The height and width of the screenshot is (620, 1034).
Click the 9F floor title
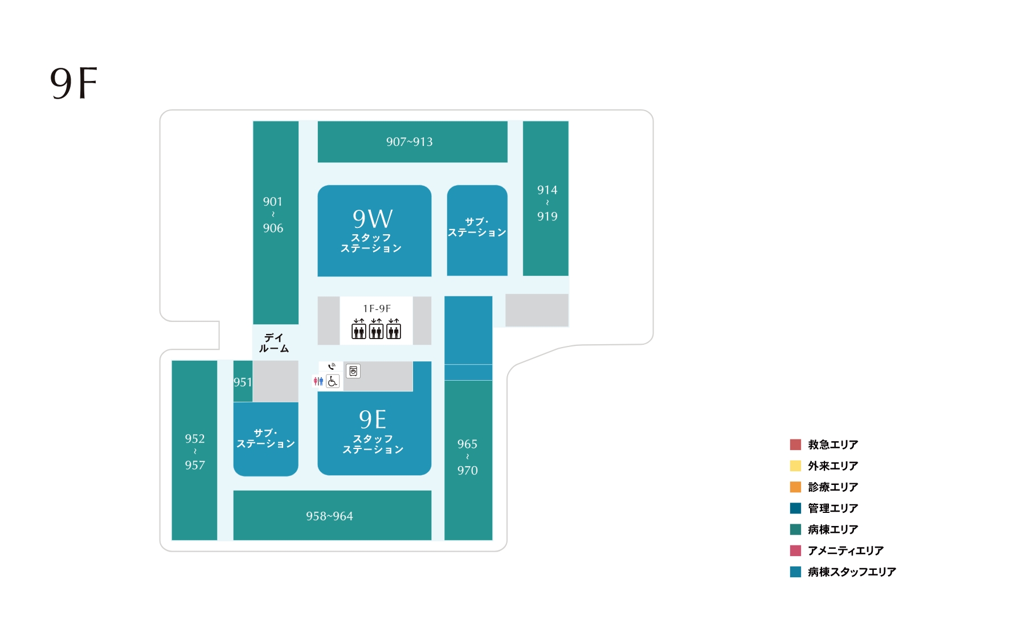73,83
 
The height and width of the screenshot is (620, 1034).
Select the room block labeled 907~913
412,141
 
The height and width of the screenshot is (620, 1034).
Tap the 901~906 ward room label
273,215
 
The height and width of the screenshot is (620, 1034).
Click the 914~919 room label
547,203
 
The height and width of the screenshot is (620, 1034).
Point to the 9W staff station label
371,230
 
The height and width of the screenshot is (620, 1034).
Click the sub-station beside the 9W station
477,230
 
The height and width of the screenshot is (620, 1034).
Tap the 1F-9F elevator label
377,308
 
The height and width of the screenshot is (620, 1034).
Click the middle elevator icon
376,329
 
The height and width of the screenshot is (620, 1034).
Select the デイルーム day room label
274,343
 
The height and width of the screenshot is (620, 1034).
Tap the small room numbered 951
243,381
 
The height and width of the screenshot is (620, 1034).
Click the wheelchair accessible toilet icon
333,381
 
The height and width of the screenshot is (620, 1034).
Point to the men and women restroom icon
318,381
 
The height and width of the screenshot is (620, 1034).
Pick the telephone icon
332,366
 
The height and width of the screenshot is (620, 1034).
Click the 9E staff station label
373,431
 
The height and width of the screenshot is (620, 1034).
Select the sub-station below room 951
265,439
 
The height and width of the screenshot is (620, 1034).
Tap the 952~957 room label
195,452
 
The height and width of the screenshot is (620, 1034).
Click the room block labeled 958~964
332,515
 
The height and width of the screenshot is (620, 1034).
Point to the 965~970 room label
467,457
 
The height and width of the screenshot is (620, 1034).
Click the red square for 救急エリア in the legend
795,444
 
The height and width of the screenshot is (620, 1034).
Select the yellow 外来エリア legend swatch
795,466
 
